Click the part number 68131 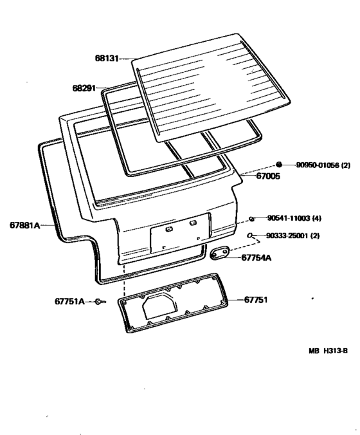coord(107,59)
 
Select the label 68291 coord(84,88)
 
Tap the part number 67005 coord(268,176)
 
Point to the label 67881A coord(24,225)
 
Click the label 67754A coord(256,258)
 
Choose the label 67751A coord(69,301)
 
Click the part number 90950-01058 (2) coord(323,165)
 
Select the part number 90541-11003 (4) coord(294,218)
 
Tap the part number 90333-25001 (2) coord(292,236)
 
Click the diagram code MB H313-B coord(328,351)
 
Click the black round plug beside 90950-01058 coord(279,165)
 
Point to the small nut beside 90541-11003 coord(251,219)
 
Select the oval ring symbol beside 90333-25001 coord(250,236)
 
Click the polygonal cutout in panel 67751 coord(159,306)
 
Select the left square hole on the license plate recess coord(169,229)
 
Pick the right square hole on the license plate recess coord(193,223)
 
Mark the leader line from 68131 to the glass coord(127,59)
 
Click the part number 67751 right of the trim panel coord(256,300)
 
